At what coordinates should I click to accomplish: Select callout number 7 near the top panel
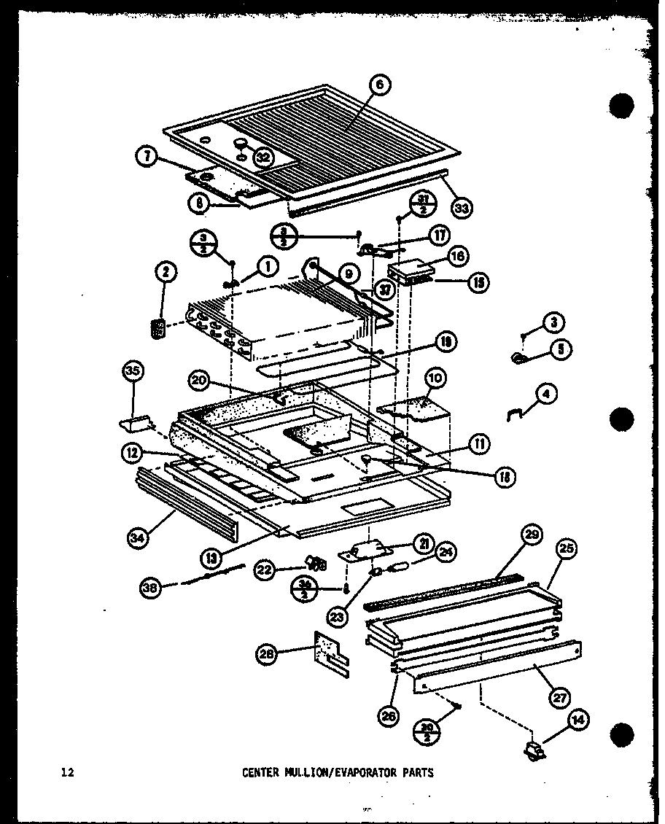point(147,155)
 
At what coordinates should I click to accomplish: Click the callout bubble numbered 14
point(577,721)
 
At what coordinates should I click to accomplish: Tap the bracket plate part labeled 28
point(330,651)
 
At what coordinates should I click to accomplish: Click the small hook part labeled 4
point(515,413)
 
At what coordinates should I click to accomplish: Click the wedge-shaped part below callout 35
point(136,423)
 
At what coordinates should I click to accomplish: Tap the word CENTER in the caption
point(259,772)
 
